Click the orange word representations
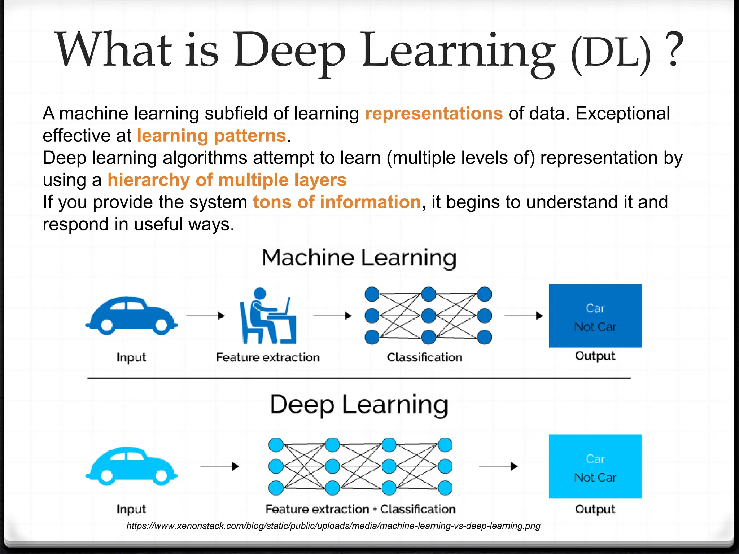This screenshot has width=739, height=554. click(x=433, y=114)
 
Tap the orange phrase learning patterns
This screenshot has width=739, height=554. click(x=211, y=136)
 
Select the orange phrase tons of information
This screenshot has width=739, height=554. click(x=337, y=202)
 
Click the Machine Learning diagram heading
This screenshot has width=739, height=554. click(x=359, y=258)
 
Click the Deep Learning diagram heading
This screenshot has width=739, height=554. click(x=359, y=405)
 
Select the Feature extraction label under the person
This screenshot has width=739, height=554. click(x=268, y=357)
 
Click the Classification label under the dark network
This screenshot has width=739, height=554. click(x=425, y=357)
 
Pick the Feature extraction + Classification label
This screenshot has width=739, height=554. click(x=360, y=509)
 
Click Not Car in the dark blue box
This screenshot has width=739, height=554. click(x=595, y=327)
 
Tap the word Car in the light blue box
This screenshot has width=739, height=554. click(x=595, y=459)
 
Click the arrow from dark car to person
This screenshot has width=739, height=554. click(x=205, y=316)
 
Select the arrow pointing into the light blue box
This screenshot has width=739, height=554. click(x=498, y=466)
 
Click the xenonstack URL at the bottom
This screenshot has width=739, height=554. click(x=333, y=526)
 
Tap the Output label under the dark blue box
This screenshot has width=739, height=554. click(x=595, y=356)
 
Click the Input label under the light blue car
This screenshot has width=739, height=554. click(x=131, y=509)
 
